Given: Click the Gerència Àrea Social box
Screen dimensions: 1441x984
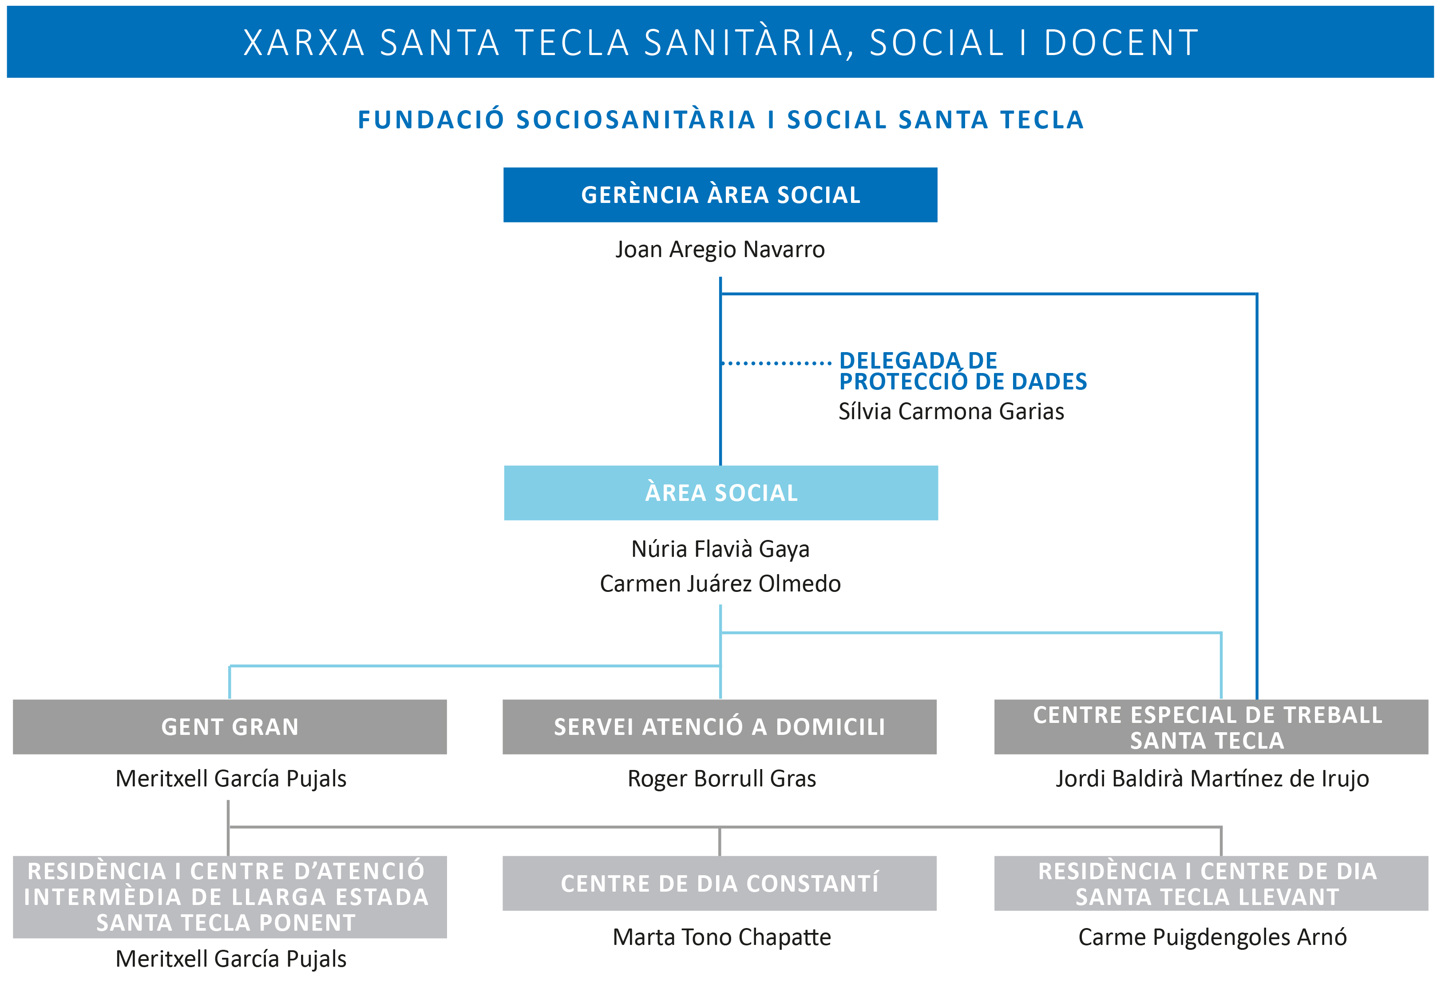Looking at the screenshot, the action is pos(720,194).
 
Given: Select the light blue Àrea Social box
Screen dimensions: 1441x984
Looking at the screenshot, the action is pos(720,493).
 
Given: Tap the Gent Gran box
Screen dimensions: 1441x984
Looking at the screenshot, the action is pos(230,727).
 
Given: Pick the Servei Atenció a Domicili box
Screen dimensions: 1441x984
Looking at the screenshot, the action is pos(719,727).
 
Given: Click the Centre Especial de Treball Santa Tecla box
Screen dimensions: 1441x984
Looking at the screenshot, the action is pos(1211,727).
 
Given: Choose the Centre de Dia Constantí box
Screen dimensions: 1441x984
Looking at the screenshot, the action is pos(719,884).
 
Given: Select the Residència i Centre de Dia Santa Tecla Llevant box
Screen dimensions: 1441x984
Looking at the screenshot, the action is pos(1211,884).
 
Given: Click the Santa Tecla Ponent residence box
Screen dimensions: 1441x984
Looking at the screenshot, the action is pos(230,897).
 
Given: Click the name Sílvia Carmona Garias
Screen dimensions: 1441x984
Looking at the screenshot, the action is pos(951,412).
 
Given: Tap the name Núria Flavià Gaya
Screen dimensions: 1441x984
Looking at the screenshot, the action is pos(720,549).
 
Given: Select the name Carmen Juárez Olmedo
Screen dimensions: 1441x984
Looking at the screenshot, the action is pos(720,584).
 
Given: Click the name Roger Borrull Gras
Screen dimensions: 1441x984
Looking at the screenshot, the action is pos(722,779).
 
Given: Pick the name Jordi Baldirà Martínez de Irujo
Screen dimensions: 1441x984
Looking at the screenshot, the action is pos(1212,779).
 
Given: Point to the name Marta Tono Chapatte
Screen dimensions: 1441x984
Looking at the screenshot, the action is pos(722,937).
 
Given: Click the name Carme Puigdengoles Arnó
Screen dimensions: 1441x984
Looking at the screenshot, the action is pos(1212,937).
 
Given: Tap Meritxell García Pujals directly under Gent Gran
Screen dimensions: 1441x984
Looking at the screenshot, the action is pos(231,779).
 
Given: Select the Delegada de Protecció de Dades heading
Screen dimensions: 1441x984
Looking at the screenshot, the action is pos(963,371).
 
